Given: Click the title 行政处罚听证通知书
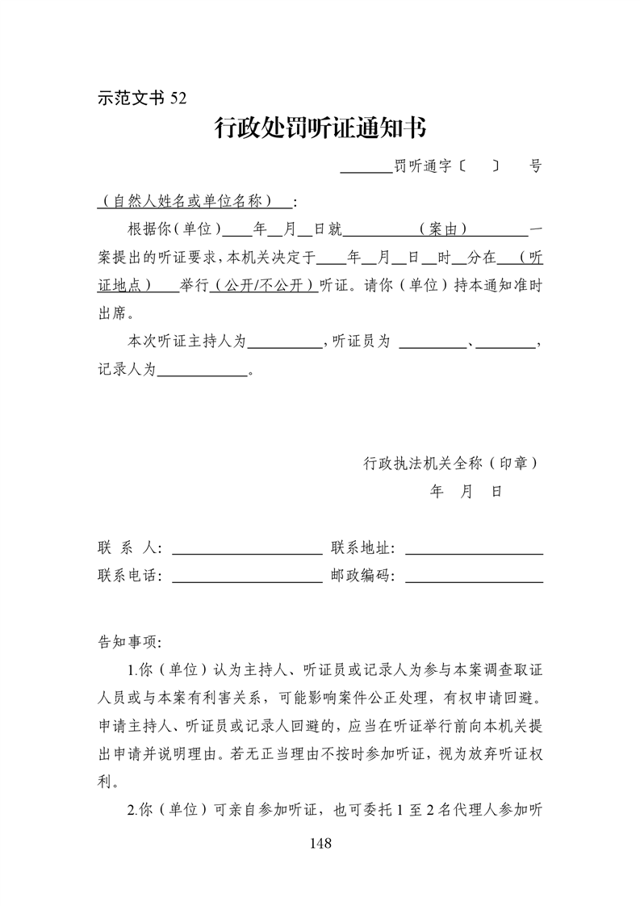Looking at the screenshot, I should tap(320, 128).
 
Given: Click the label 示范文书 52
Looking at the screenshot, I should tap(141, 98).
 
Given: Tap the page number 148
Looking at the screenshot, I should tap(320, 843).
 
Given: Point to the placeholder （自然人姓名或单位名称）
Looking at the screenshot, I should tap(194, 200).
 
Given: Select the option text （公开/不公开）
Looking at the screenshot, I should tap(264, 286).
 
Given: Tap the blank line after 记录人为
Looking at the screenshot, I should tap(202, 374).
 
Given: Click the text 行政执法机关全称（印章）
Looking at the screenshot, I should tap(451, 463).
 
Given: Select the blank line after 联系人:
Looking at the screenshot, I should tap(247, 552).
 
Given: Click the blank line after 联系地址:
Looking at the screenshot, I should tap(473, 552).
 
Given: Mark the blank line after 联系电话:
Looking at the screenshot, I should tap(247, 579).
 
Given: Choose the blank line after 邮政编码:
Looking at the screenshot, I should tap(473, 579).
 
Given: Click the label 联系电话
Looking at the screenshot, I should tap(127, 577).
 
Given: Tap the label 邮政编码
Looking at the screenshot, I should tap(359, 577).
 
